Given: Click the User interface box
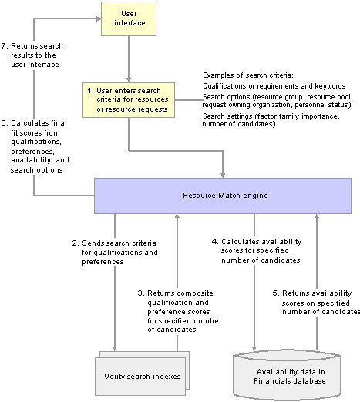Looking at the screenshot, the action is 129,18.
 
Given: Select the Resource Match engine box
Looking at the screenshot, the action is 223,196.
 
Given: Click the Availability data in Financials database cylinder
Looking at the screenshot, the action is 288,376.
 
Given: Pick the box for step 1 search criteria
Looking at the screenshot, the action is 129,100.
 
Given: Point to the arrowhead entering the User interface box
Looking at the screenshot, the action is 99,18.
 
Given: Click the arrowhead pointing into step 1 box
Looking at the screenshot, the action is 129,79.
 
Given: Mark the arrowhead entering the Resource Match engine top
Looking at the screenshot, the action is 223,176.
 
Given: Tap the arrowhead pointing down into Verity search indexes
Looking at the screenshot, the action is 115,348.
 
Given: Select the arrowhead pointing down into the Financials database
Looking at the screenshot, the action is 254,348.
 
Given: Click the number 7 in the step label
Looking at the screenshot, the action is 3,46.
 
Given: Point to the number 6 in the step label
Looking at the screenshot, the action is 3,123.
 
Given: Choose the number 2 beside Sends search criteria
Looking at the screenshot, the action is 75,243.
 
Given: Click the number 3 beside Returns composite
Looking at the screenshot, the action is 140,293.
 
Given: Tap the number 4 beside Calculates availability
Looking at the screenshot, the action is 214,242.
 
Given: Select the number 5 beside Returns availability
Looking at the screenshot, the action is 275,293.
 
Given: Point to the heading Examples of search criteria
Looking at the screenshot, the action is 248,75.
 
